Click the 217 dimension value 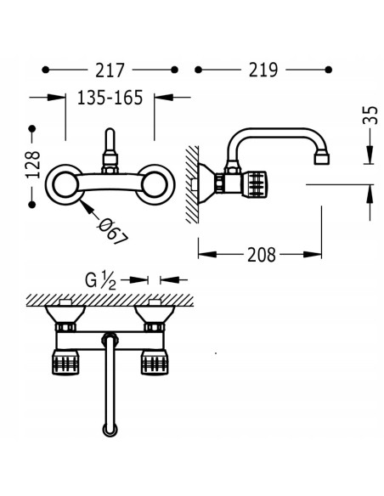coord(110,70)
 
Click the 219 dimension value coord(263,70)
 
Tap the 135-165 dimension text coord(110,98)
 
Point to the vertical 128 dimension coord(33,165)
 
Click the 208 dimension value coord(262,255)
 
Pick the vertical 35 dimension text coord(370,116)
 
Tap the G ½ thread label coord(100,280)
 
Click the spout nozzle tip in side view coord(322,159)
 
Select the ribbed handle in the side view coord(254,184)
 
